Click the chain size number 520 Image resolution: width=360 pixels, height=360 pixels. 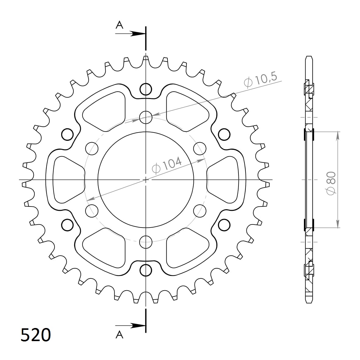click(x=35, y=335)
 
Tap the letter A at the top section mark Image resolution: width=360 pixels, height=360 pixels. click(x=119, y=25)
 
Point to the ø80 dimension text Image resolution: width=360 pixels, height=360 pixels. click(x=331, y=182)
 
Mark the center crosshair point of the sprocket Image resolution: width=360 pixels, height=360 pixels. click(x=146, y=180)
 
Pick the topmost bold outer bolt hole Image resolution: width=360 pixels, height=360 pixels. click(x=146, y=89)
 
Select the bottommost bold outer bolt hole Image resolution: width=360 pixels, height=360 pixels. click(x=146, y=270)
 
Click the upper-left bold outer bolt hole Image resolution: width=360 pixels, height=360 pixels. click(x=68, y=134)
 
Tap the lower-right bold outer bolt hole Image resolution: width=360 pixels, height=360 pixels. click(x=224, y=225)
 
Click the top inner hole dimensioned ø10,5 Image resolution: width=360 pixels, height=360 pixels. click(x=146, y=117)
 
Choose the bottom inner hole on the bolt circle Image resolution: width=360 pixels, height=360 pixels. click(x=146, y=242)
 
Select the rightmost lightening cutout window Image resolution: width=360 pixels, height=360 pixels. click(x=225, y=180)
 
